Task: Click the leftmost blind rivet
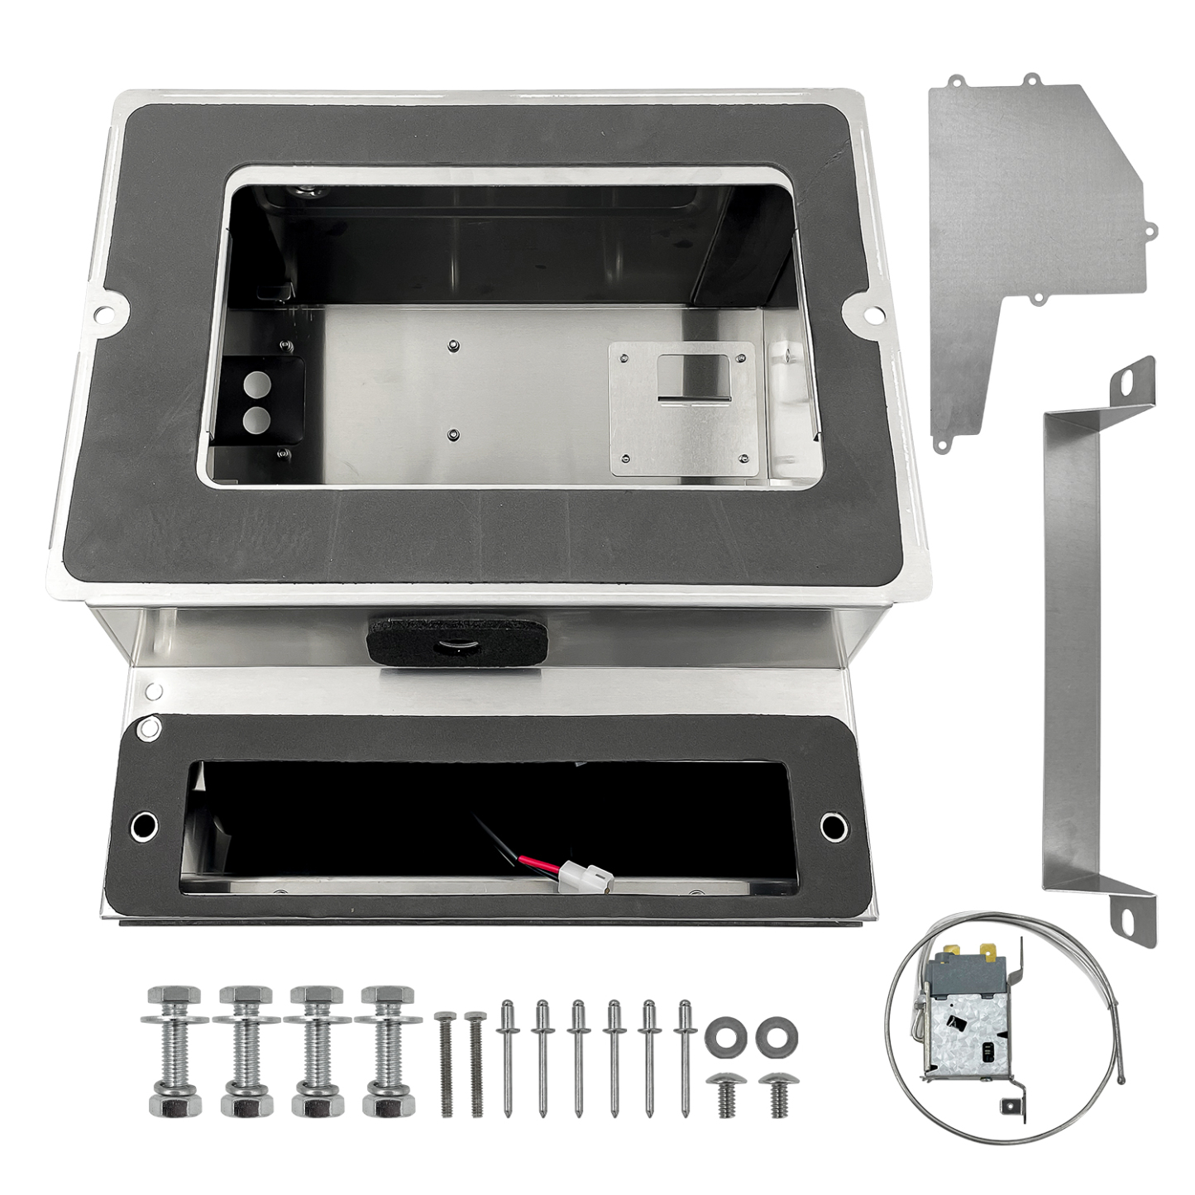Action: coord(508,1058)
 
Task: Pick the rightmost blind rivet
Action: coord(685,1058)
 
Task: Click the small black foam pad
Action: coord(456,638)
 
